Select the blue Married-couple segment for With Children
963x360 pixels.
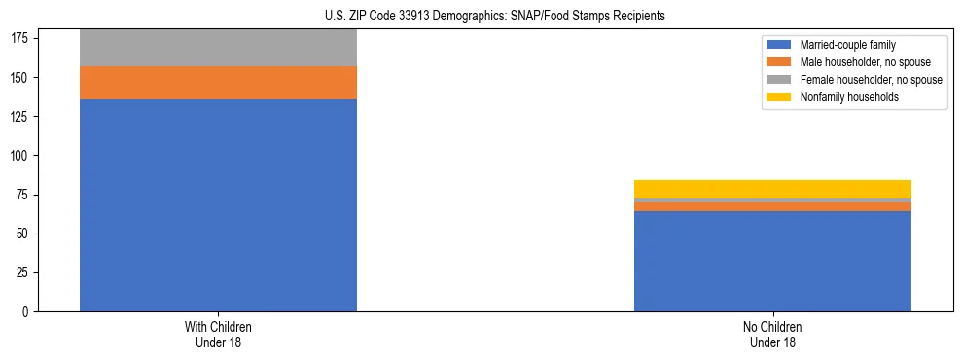(218, 205)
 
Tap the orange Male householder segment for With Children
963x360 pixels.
(218, 83)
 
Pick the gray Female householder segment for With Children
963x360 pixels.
(218, 48)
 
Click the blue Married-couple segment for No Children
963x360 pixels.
(772, 261)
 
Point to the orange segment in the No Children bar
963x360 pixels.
(772, 206)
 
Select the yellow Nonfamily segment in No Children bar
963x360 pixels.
(772, 189)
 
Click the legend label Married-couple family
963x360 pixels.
(847, 45)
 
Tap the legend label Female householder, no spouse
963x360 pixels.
(871, 80)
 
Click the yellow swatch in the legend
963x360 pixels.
(779, 97)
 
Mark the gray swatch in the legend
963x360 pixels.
(779, 80)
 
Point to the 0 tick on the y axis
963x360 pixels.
(28, 312)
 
